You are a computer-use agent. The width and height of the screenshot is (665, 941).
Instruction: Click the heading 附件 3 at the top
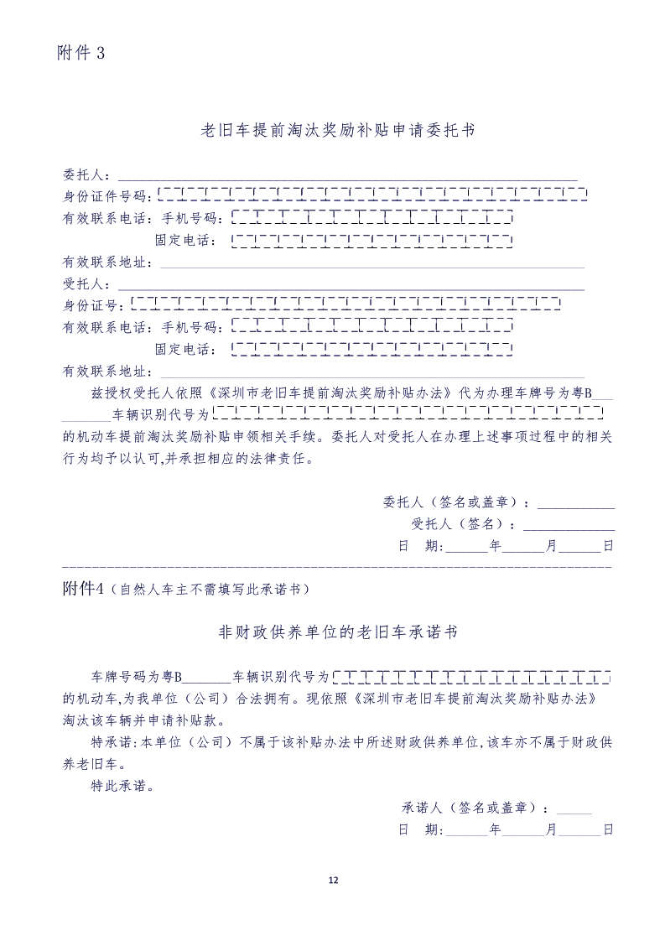click(x=81, y=53)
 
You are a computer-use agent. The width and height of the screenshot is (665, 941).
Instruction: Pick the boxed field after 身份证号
click(x=345, y=304)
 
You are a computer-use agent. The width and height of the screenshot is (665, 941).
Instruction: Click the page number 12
click(x=333, y=880)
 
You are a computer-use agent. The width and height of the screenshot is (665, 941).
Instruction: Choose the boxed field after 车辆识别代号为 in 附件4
click(x=471, y=676)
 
